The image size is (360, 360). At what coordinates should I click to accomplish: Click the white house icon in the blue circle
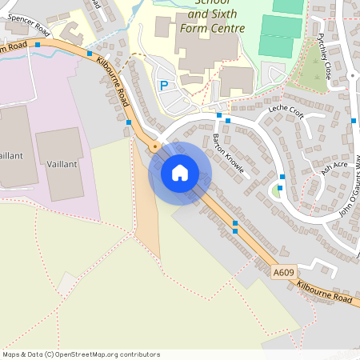[x=180, y=173]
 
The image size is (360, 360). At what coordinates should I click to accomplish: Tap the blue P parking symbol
[x=164, y=86]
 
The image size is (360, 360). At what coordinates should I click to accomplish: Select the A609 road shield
[x=283, y=273]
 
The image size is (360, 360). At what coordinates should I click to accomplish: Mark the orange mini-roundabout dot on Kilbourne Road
[x=154, y=146]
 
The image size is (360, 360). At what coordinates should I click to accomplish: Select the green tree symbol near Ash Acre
[x=277, y=190]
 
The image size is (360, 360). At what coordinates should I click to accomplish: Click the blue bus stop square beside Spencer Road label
[x=37, y=45]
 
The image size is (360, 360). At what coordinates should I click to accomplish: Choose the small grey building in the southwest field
[x=68, y=282]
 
